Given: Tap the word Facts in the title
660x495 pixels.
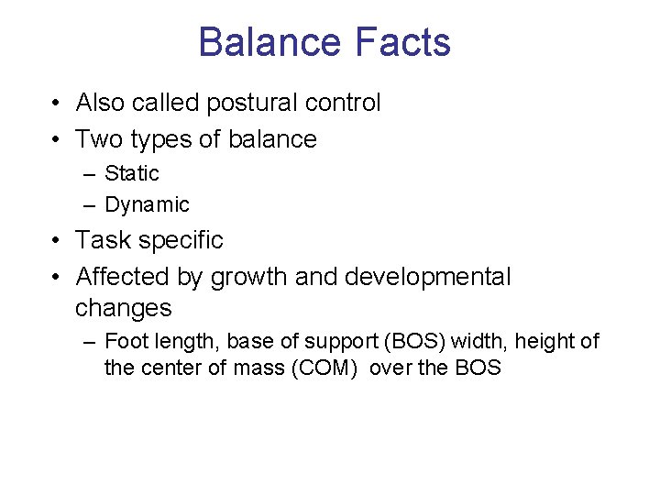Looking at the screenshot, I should click(401, 43).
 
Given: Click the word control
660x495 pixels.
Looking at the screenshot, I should click(343, 104).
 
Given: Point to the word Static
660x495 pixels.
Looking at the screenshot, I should click(132, 173).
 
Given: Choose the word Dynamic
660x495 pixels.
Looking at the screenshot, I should click(147, 205).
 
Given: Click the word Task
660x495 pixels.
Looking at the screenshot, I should click(102, 240).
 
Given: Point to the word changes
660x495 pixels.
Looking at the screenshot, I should click(123, 308).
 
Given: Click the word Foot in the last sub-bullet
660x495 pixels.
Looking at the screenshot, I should click(126, 342).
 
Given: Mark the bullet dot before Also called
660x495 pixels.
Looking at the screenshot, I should click(57, 104).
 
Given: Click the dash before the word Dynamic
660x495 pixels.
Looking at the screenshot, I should click(88, 205).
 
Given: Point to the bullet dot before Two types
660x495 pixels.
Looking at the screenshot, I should click(57, 139).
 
